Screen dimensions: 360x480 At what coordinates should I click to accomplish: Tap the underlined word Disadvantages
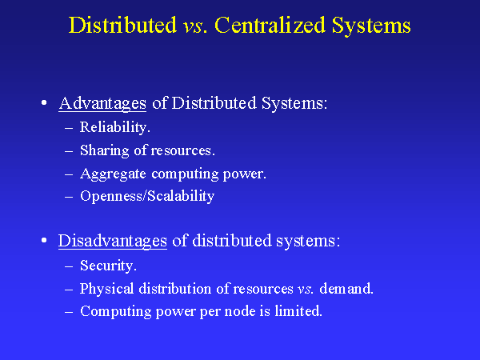pyautogui.click(x=113, y=241)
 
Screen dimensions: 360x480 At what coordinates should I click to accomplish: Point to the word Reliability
pyautogui.click(x=115, y=127)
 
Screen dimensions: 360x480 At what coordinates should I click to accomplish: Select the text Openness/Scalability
pyautogui.click(x=147, y=196)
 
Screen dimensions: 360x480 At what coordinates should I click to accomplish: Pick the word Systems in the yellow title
pyautogui.click(x=375, y=26)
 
